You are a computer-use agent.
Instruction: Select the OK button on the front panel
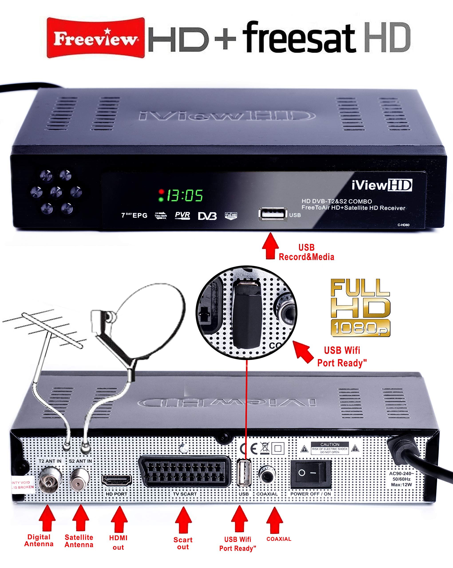click(56, 192)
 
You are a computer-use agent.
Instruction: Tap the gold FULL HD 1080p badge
click(360, 308)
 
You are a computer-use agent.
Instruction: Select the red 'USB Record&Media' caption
click(306, 252)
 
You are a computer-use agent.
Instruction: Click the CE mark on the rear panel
click(249, 448)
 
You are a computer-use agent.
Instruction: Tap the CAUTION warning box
click(330, 448)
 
